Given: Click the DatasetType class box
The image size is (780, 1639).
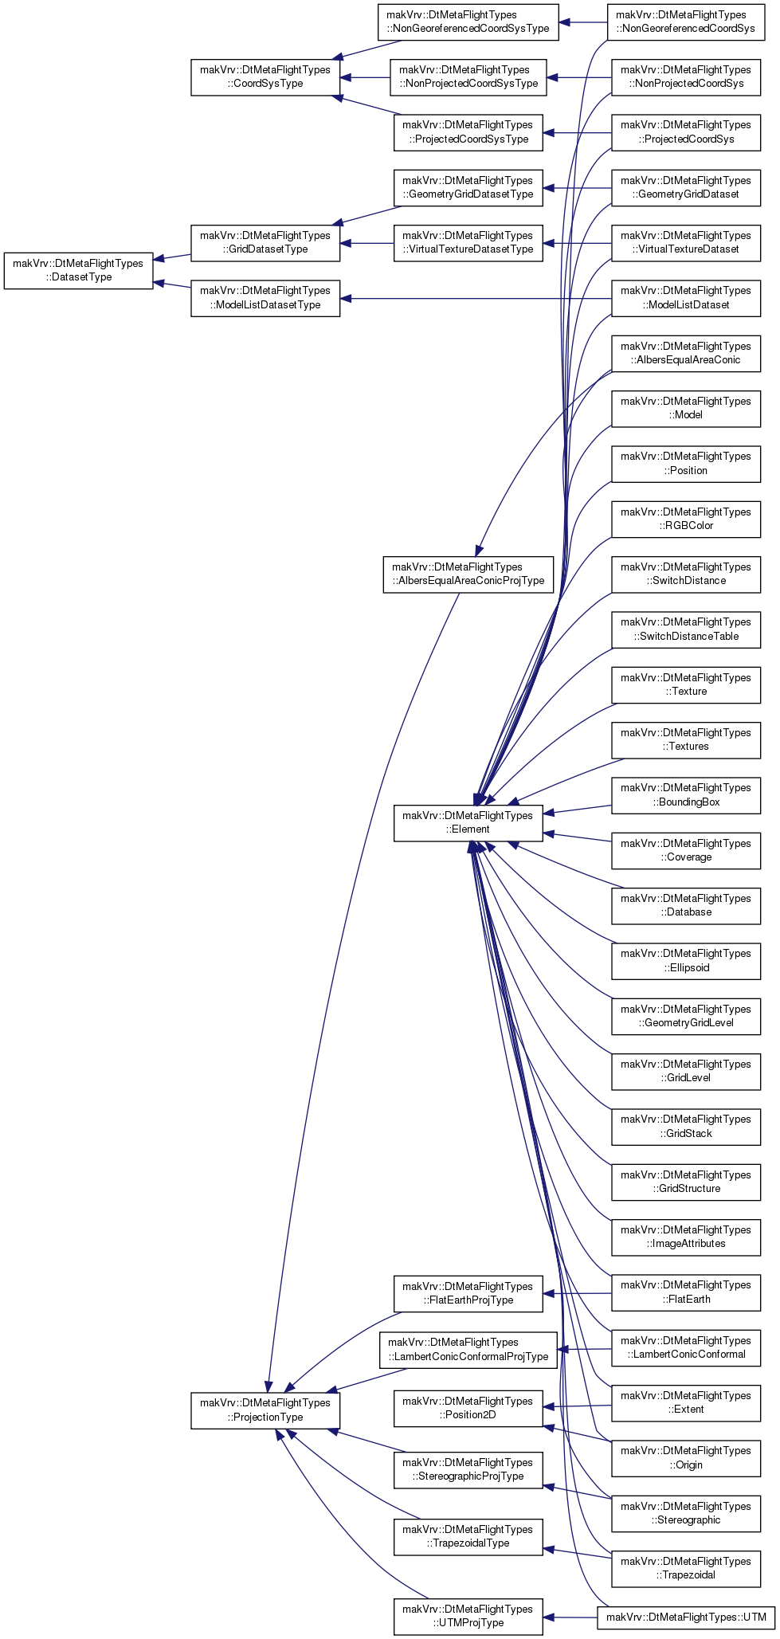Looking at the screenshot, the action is click(x=78, y=270).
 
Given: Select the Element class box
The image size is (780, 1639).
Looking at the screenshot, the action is click(x=468, y=822).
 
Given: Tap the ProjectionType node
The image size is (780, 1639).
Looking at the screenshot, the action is click(x=265, y=1410).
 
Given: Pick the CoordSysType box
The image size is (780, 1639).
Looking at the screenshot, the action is click(x=265, y=76).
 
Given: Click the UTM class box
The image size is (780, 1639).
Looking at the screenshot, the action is click(x=686, y=1617).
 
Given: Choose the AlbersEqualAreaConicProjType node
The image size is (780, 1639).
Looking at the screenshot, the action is click(x=468, y=574).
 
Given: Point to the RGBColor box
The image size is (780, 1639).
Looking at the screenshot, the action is click(x=686, y=519).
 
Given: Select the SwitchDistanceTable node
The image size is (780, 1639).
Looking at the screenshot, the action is click(x=686, y=629).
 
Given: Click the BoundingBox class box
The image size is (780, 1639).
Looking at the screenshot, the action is click(x=686, y=794).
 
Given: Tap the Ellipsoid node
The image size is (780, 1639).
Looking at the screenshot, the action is click(x=686, y=960).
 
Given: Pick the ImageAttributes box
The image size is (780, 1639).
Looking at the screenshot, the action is click(x=686, y=1237).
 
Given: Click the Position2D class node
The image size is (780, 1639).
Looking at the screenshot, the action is click(x=468, y=1408).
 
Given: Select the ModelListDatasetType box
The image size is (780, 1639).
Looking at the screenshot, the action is click(x=265, y=297).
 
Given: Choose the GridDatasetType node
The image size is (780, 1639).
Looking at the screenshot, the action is click(x=265, y=242).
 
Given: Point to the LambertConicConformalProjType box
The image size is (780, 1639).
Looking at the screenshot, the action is click(x=468, y=1350).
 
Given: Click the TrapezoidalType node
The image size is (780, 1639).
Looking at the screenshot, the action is click(x=468, y=1536).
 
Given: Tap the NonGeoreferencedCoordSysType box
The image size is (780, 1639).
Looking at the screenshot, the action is click(x=468, y=22).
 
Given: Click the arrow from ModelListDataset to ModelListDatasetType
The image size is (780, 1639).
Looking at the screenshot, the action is click(x=476, y=299).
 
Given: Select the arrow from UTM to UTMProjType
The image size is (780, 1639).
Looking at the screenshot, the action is click(x=570, y=1617).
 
